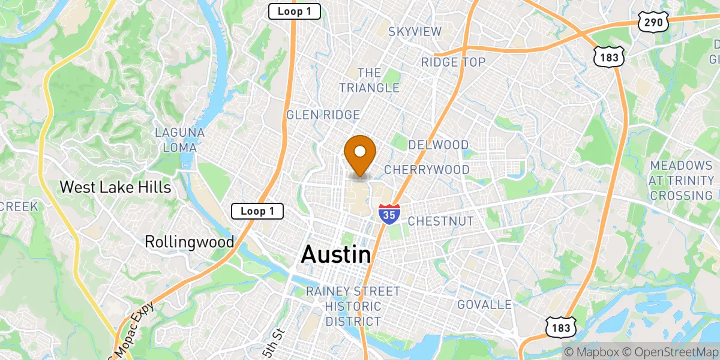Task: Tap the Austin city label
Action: click(335, 254)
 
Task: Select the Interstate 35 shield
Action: click(388, 214)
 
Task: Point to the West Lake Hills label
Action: click(115, 187)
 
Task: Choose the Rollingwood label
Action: click(189, 242)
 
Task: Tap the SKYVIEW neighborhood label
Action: click(415, 32)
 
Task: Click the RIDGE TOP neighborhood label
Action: click(453, 62)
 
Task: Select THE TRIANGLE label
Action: click(369, 80)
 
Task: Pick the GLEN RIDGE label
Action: click(323, 115)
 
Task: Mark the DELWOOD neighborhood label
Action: click(438, 145)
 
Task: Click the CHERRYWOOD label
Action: click(427, 170)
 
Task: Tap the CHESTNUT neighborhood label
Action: click(440, 221)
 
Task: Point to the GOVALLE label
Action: click(484, 305)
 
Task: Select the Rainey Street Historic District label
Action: click(353, 306)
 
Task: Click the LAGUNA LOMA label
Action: click(179, 139)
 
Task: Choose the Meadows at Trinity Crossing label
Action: click(682, 180)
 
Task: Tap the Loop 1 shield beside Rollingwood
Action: click(257, 211)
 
